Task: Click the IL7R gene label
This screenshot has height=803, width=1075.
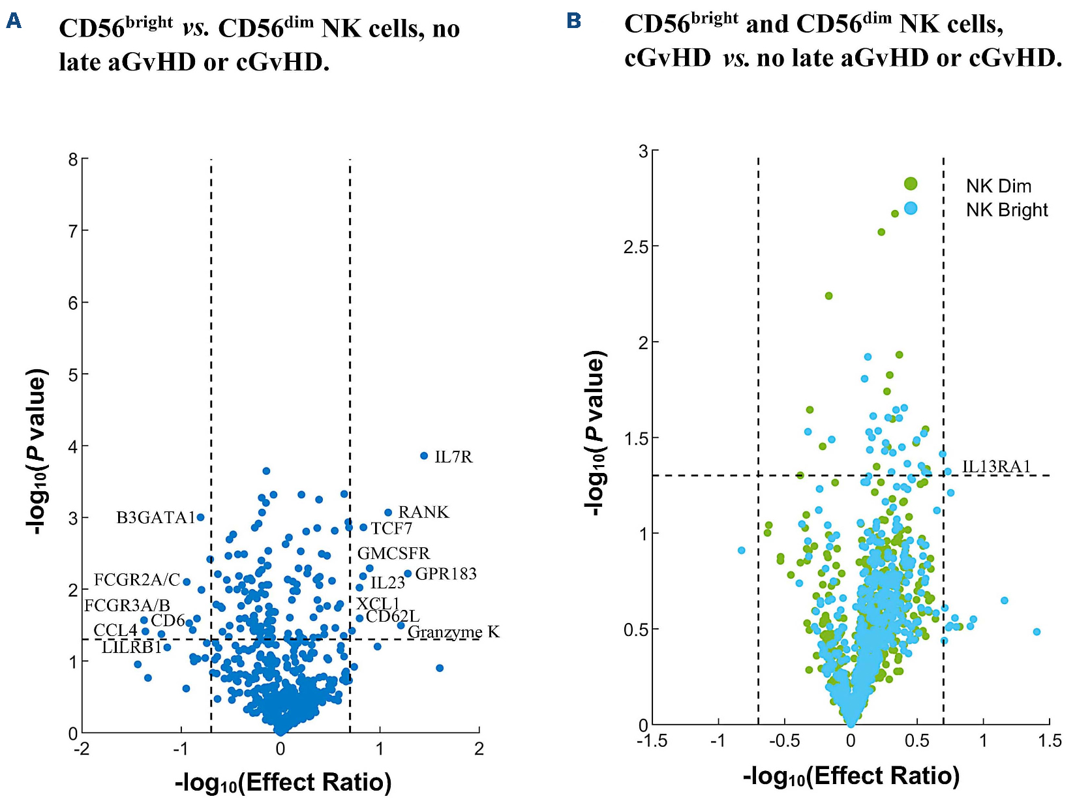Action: pos(453,457)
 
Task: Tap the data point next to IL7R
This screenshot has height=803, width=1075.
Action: pos(424,456)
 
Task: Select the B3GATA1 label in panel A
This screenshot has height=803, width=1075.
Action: pos(156,518)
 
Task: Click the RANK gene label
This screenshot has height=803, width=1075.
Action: pos(423,512)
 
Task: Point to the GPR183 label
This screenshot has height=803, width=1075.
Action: pos(446,574)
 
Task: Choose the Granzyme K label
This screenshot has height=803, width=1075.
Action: pos(453,632)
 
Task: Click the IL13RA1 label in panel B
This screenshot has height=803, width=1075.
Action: pos(996,466)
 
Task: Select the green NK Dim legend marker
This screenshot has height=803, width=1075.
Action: pos(911,184)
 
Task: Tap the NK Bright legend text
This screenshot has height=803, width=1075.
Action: pos(1007,210)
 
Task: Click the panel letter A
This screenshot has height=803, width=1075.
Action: pos(14,22)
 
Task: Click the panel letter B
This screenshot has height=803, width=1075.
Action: pos(574,21)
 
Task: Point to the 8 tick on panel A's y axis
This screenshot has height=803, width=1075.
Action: pos(73,160)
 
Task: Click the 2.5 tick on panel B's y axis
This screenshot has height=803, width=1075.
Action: pos(636,247)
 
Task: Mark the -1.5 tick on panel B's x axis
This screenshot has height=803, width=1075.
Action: pos(652,741)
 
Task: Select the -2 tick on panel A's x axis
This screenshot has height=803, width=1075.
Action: pos(82,749)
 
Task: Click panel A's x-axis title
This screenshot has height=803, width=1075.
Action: pos(283,781)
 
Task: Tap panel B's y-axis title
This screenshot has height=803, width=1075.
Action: pos(595,434)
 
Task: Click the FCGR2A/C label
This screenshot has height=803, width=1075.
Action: pos(137,580)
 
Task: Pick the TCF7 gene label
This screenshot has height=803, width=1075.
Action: pos(391,528)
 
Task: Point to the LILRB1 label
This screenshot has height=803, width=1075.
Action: pos(132,647)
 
